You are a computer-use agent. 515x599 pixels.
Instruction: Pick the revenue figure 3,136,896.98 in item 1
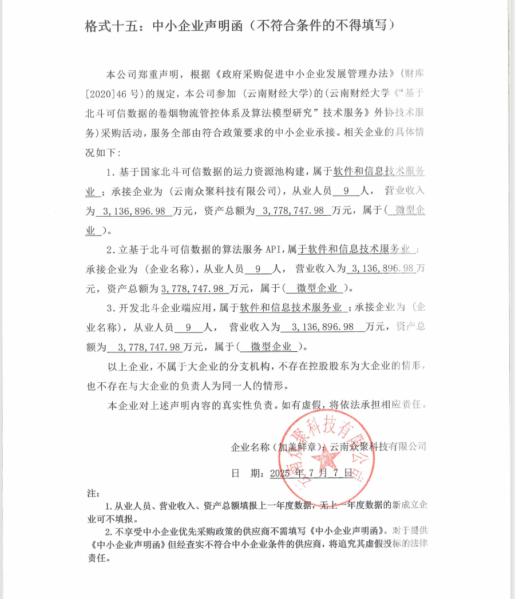click(134, 211)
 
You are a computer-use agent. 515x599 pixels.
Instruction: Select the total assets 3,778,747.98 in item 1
click(293, 211)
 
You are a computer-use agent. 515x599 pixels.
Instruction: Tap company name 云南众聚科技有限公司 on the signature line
click(378, 447)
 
